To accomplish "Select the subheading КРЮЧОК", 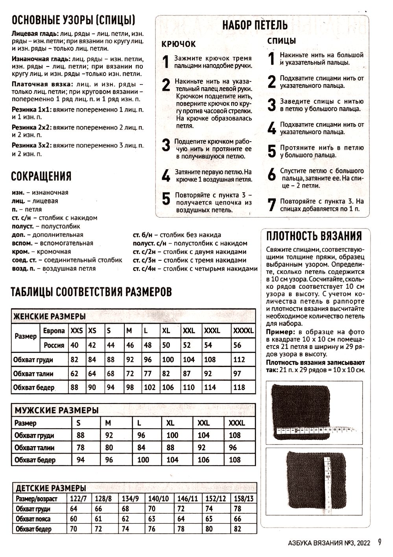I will pos(179,44).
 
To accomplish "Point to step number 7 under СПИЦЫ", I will pos(271,205).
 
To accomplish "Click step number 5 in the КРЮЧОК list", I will pos(166,199).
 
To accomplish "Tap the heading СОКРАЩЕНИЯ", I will pos(41,176).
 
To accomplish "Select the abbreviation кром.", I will pos(20,251).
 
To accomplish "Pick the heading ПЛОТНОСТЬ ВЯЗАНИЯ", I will pos(314,236).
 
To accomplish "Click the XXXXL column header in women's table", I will pos(243,331).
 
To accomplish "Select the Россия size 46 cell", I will pos(130,345).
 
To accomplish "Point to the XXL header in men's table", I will pos(203,423).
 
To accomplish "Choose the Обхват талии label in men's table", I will pos(34,448).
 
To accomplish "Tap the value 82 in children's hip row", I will pos(237,529).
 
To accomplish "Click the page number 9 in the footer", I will pos(379,542).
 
